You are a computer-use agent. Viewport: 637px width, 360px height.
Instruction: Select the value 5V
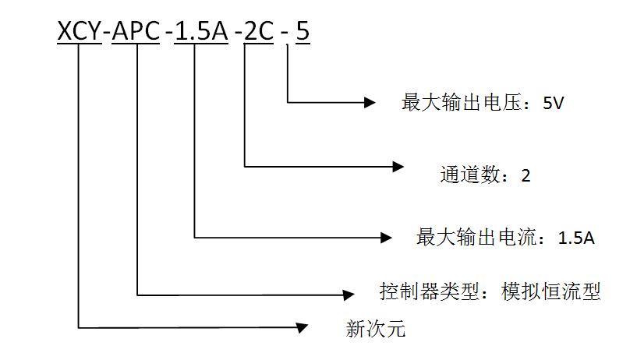553,103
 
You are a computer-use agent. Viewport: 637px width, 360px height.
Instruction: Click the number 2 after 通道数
526,175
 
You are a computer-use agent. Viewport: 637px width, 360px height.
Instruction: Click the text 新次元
375,329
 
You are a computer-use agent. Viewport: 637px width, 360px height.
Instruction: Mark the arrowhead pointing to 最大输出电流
385,236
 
